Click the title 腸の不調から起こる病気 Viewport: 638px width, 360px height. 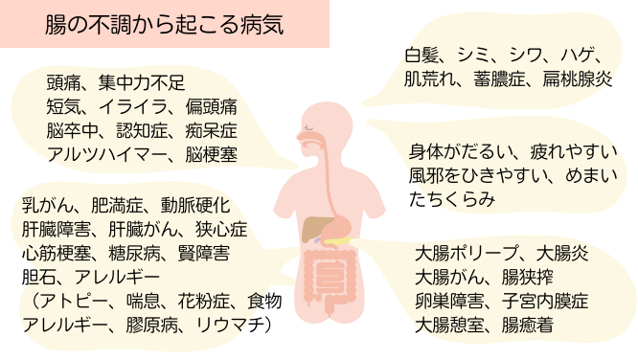click(x=164, y=24)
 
